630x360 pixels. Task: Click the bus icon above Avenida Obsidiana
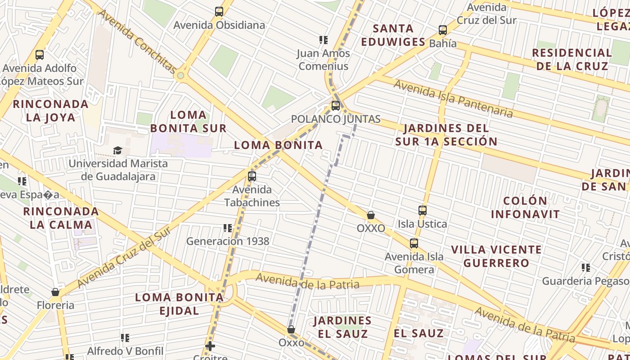[219, 12]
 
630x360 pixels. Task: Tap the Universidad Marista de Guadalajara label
[118, 170]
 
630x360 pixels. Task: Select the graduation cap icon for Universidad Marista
[117, 150]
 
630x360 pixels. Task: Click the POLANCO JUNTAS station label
[336, 119]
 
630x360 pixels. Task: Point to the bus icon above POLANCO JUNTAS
[336, 106]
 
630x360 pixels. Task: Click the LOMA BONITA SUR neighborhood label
[188, 121]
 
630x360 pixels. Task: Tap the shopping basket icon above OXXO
[371, 216]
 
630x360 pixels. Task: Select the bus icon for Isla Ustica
[423, 211]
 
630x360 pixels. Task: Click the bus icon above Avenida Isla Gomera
[414, 244]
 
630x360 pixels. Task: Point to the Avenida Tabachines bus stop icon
[252, 176]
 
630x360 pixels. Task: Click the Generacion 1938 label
[228, 241]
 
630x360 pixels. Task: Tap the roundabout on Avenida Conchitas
[181, 76]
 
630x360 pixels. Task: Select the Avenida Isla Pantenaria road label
[453, 98]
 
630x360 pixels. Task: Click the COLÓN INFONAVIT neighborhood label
[525, 207]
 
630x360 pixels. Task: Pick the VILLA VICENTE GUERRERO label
[496, 256]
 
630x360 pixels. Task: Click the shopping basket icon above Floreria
[55, 292]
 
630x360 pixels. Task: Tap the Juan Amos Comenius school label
[323, 60]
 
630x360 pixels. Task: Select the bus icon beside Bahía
[443, 30]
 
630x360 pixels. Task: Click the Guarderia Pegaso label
[585, 281]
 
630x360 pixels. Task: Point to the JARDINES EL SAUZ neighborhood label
[342, 327]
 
